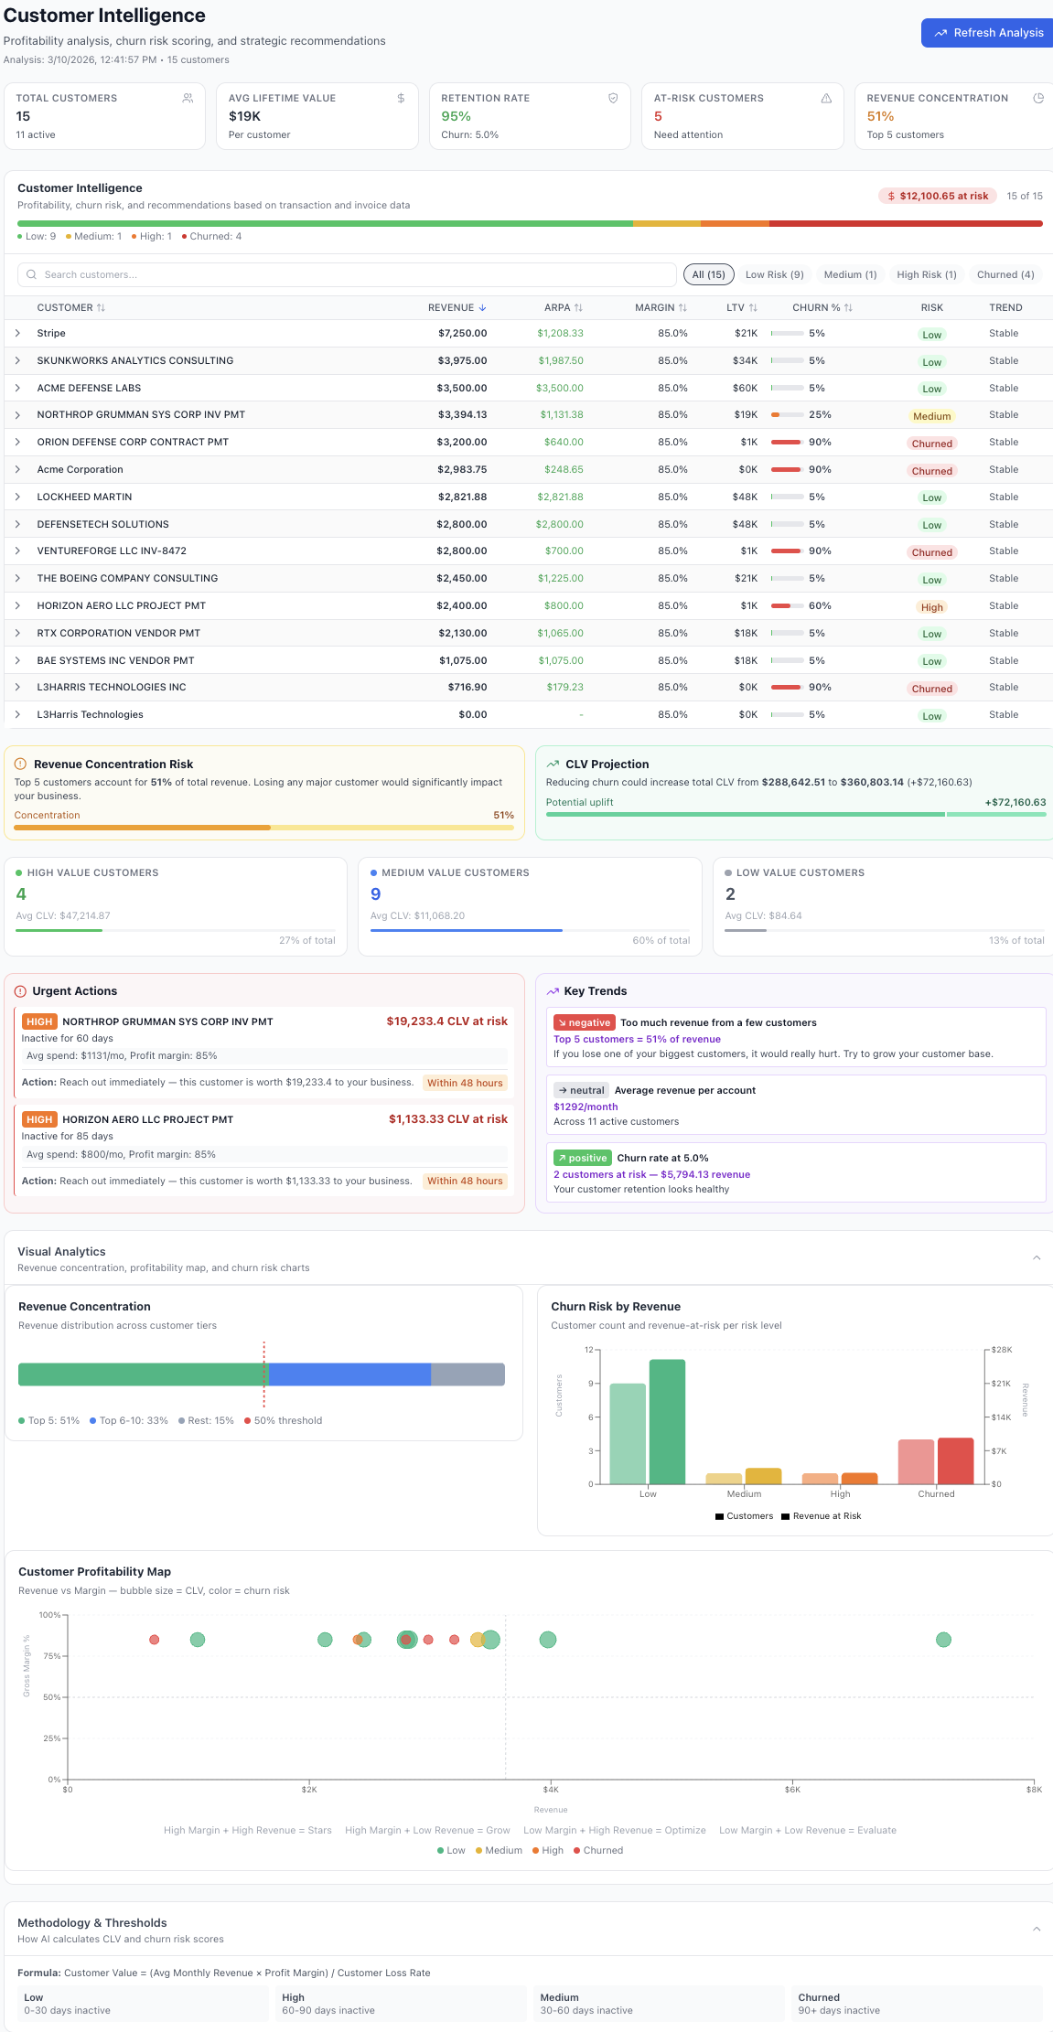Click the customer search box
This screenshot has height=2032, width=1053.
pyautogui.click(x=348, y=274)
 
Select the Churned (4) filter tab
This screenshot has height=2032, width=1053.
pyautogui.click(x=1005, y=274)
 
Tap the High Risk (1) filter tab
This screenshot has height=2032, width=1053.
pyautogui.click(x=926, y=274)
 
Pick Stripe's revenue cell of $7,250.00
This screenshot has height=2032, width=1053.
pyautogui.click(x=462, y=334)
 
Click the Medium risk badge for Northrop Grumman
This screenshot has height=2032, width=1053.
pyautogui.click(x=931, y=416)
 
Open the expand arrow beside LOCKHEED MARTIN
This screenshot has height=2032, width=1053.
pyautogui.click(x=17, y=497)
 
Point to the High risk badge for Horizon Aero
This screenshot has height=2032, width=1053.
pyautogui.click(x=931, y=607)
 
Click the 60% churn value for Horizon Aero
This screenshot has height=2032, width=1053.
pyautogui.click(x=820, y=606)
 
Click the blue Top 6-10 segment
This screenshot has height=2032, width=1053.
pyautogui.click(x=349, y=1374)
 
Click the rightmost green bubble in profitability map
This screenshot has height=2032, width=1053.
pyautogui.click(x=943, y=1640)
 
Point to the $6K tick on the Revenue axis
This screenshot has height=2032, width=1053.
pyautogui.click(x=792, y=1790)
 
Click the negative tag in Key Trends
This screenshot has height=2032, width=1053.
pyautogui.click(x=584, y=1023)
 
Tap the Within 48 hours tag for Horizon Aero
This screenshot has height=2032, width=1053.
pyautogui.click(x=465, y=1182)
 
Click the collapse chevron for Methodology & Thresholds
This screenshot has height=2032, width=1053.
pyautogui.click(x=1037, y=1929)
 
